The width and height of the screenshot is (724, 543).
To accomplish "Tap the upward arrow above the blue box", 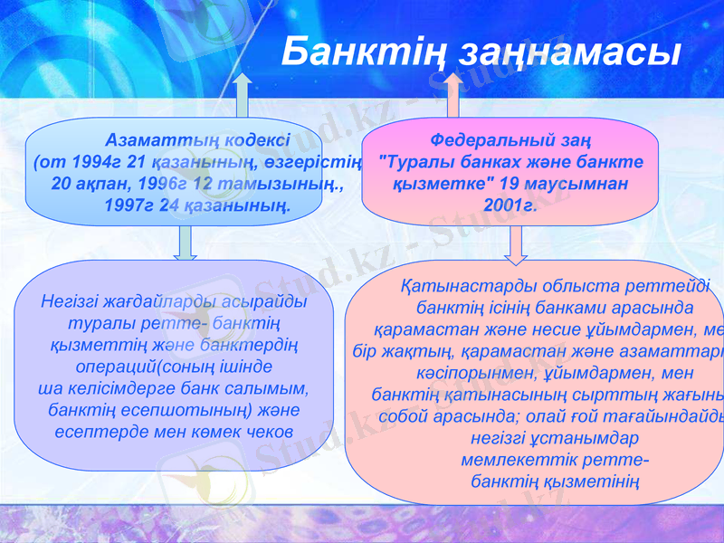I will [242, 94].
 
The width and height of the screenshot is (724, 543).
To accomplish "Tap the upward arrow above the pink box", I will [453, 94].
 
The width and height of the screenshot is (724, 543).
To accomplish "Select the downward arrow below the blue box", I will [186, 242].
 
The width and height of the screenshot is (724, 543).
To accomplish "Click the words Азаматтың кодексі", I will [197, 140].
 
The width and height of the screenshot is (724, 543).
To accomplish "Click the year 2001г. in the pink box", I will [510, 205].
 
